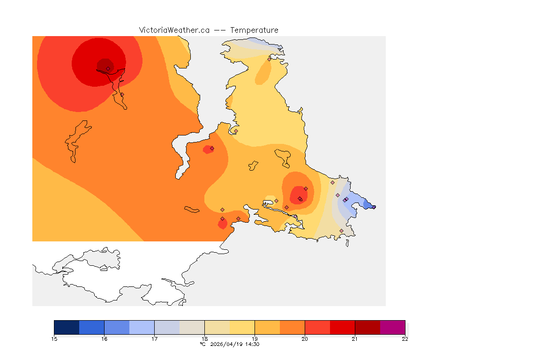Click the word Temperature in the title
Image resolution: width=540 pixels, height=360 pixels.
254,30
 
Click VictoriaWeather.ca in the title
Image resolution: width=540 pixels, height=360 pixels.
174,30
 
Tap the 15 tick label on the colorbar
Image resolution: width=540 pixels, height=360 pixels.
54,339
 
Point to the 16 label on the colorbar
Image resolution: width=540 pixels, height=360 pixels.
104,339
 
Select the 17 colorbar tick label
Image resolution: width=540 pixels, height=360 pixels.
154,339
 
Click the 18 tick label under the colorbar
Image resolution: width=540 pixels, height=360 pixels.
204,339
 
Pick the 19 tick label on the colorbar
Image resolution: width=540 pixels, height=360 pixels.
255,339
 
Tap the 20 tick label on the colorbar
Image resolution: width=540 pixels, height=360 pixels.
305,339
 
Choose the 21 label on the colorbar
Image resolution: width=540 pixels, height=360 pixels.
355,339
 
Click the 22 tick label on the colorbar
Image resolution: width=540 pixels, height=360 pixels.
405,339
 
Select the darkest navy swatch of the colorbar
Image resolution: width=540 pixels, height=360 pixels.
67,327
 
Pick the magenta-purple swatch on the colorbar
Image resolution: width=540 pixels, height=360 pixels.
392,327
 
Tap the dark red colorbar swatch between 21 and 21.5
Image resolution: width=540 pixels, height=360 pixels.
367,327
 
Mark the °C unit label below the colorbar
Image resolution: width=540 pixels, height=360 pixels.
202,344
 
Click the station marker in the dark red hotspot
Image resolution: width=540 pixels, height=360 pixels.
108,68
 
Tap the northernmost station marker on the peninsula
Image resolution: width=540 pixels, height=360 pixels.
269,59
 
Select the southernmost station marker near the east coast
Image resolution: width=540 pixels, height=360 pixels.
341,231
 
